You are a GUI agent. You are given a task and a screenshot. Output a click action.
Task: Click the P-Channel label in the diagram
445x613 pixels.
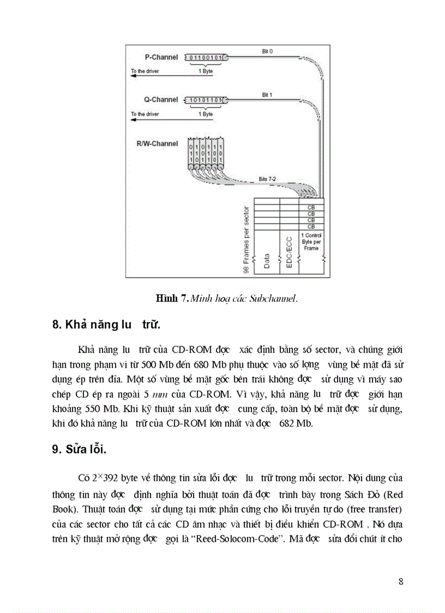[x=161, y=57]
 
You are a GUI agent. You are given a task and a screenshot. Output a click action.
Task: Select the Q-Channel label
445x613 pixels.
[x=161, y=100]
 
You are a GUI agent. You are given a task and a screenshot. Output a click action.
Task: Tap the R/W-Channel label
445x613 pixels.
[x=157, y=144]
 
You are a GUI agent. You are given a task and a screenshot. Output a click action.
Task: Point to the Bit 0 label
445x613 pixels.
[x=267, y=51]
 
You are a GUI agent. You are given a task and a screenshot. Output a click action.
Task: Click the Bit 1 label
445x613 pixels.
[x=267, y=95]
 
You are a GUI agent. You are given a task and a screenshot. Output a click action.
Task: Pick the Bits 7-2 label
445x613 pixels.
[x=267, y=179]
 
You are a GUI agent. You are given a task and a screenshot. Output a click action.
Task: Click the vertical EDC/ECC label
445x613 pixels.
[x=290, y=252]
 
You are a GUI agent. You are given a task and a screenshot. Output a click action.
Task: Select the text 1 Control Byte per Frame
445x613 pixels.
[x=311, y=242]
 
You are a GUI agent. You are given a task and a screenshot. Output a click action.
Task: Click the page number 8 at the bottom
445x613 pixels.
[x=401, y=581]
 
